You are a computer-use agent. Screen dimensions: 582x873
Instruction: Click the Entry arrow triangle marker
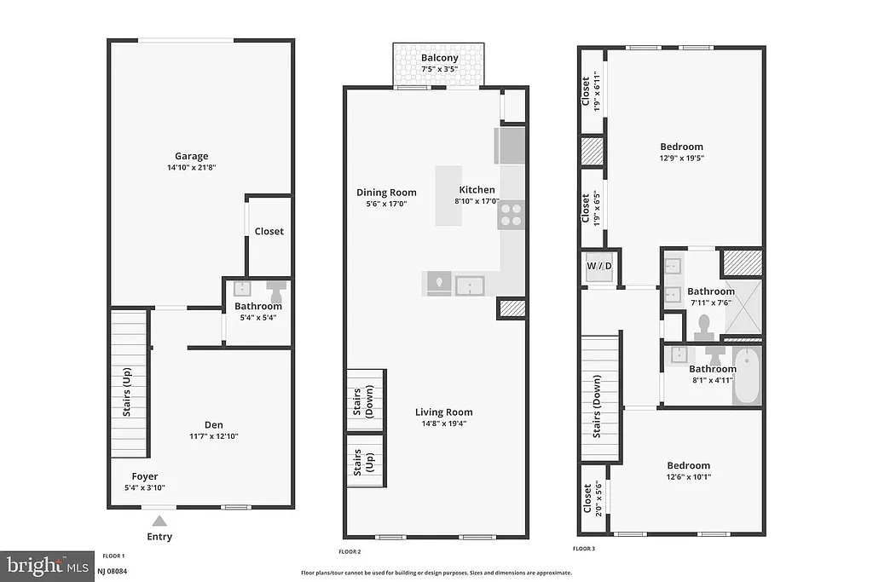[159, 520]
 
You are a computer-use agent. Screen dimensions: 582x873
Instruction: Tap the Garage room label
[192, 156]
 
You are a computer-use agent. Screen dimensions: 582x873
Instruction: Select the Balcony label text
[439, 58]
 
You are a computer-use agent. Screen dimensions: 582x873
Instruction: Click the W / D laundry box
[600, 267]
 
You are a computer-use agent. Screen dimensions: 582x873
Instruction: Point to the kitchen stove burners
[512, 214]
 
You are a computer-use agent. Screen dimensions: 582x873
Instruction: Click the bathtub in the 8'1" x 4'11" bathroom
[748, 375]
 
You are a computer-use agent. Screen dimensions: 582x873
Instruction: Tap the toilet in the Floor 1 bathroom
[277, 291]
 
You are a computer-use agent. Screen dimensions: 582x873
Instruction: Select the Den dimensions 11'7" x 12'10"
[214, 436]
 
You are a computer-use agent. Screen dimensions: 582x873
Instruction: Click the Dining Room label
[386, 193]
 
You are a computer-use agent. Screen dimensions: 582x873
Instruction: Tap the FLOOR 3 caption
[583, 549]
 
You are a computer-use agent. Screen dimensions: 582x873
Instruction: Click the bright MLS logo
[46, 565]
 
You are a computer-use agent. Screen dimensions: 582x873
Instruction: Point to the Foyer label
[144, 476]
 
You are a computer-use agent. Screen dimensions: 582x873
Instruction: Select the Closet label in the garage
[269, 231]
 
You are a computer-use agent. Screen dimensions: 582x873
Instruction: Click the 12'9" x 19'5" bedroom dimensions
[681, 157]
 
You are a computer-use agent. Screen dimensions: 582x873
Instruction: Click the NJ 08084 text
[113, 570]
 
